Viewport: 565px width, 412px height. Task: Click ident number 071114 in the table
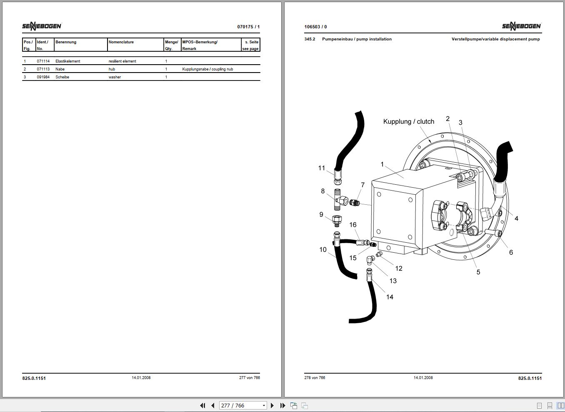coord(43,61)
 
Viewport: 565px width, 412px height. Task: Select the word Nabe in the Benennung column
coord(60,69)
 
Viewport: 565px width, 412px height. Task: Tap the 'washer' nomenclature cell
coord(115,77)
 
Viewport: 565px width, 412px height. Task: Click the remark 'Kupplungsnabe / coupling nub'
coord(207,69)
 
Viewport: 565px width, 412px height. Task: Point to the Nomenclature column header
coord(121,42)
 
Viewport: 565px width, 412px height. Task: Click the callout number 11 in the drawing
coord(322,168)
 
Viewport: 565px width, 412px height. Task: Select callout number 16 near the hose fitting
coord(353,225)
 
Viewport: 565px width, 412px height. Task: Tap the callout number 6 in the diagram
coord(511,252)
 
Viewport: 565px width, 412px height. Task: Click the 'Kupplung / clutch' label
coord(409,121)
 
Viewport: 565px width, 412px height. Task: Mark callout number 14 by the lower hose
coord(390,297)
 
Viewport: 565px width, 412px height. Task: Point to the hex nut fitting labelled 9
coord(337,221)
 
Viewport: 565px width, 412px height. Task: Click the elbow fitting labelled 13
coord(370,260)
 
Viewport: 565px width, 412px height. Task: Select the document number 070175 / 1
coord(248,27)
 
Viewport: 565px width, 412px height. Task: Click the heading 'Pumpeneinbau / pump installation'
coord(357,39)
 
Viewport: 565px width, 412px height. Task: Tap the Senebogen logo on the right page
coord(521,26)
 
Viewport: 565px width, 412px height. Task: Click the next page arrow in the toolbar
coord(272,405)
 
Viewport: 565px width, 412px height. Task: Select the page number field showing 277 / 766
coord(242,405)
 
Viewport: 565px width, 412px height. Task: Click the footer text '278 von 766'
coord(315,378)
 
